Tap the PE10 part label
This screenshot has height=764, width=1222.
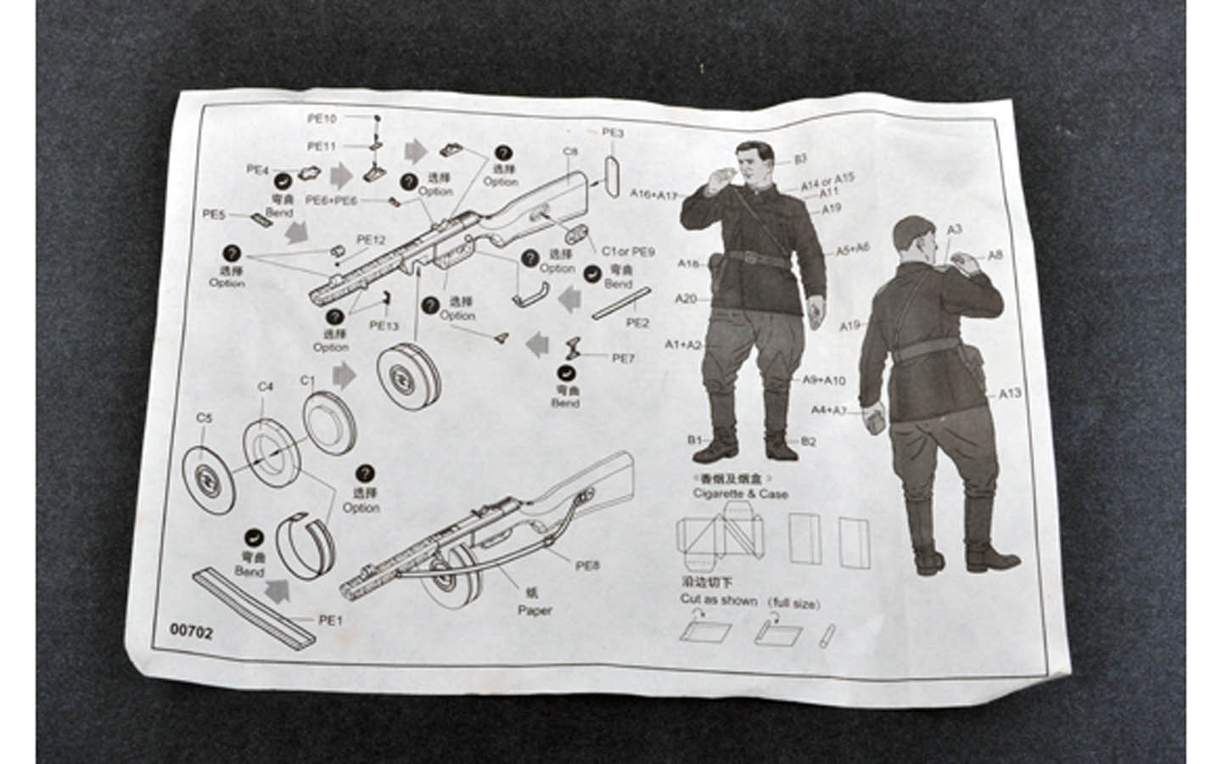322,119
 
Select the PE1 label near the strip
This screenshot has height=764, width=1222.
330,620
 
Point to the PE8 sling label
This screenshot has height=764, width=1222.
587,565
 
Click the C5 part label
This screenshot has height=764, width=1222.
203,418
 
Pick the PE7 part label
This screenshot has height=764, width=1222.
623,358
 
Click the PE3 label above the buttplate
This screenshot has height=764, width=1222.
613,132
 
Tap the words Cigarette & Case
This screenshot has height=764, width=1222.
740,493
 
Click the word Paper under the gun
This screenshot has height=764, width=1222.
535,610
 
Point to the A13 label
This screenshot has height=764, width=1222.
1010,393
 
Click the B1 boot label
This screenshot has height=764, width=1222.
695,440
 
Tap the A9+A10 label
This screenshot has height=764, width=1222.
824,380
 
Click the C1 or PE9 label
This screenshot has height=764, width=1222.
629,251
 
